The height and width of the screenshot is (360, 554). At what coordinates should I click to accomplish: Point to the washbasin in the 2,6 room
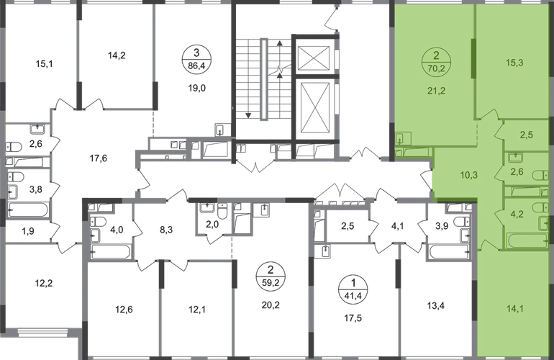click(x=515, y=157)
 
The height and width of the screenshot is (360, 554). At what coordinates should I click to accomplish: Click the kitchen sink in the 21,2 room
click(x=400, y=138)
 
